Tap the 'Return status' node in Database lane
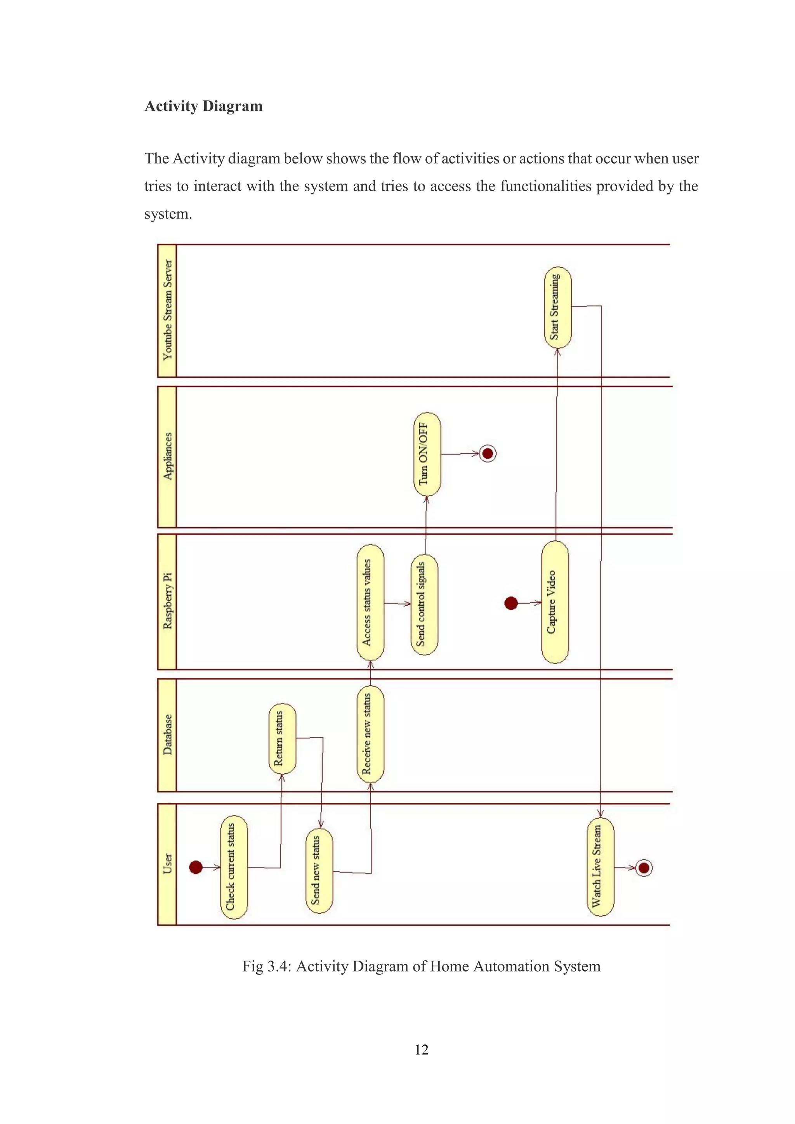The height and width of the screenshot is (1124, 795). coord(282,739)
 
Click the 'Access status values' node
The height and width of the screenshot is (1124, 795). coord(370,602)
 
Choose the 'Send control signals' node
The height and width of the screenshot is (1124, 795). coord(424,604)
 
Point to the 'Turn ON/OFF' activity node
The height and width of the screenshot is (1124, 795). coord(427,454)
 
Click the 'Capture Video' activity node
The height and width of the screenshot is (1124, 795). coord(555,602)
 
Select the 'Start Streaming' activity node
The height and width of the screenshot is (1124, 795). coord(558,307)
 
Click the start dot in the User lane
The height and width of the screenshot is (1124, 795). coord(196,868)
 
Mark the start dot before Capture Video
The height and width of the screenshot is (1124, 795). coord(511,603)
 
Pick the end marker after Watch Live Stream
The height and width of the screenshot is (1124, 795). coord(644,868)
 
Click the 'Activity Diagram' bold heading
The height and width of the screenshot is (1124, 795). coord(203,106)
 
